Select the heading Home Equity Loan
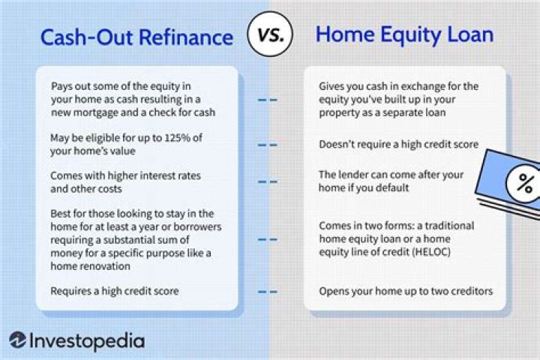pos(406,34)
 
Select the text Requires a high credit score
pos(114,290)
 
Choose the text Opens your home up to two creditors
pos(405,290)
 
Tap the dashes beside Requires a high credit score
pos(267,291)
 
